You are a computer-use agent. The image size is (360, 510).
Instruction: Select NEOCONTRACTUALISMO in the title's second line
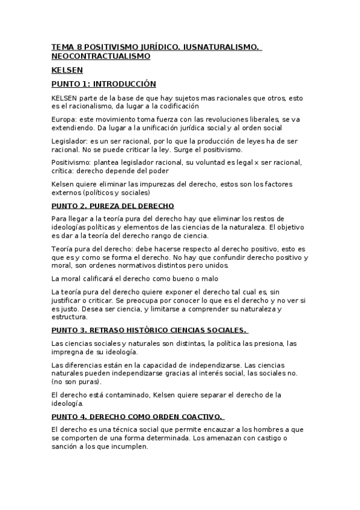coord(100,56)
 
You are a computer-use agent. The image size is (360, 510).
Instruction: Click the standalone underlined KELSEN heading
coord(67,70)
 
